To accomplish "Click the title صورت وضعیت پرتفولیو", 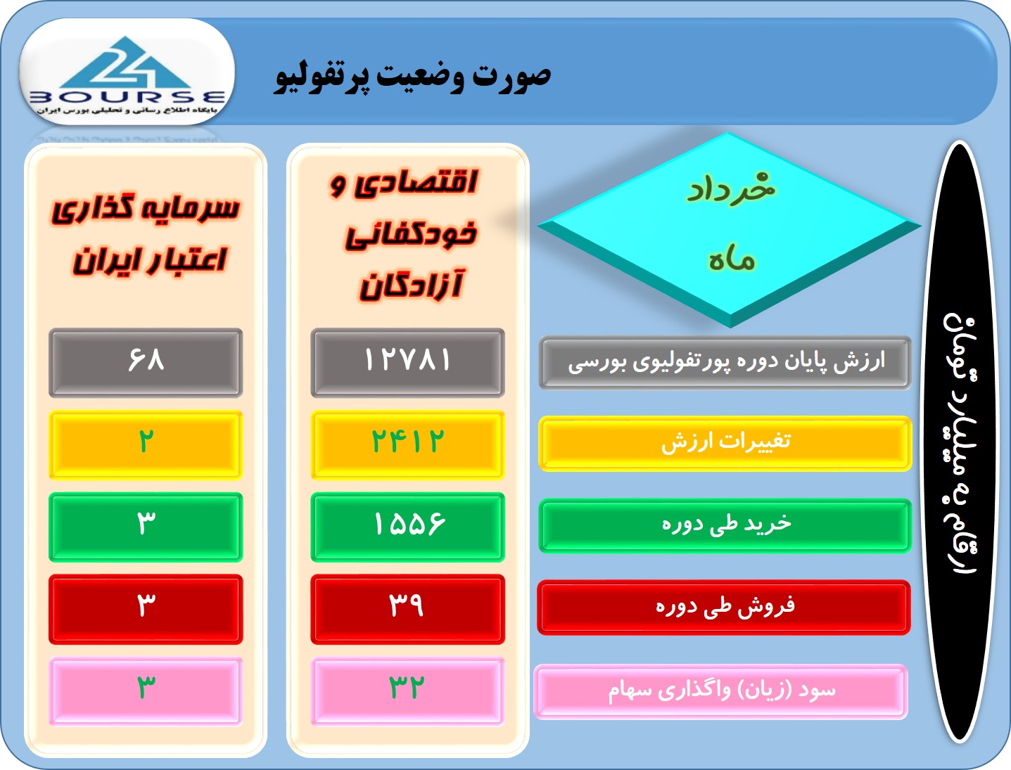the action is (x=413, y=77).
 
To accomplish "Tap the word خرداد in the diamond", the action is (x=730, y=188).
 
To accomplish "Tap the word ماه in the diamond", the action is (x=732, y=260).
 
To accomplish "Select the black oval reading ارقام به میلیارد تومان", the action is (x=960, y=442).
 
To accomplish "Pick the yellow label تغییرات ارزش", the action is (x=725, y=443).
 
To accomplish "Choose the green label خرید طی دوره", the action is (x=725, y=525).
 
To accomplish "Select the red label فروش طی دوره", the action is (x=724, y=608).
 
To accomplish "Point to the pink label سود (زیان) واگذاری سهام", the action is (x=721, y=692).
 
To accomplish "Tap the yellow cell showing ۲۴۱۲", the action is (x=407, y=444).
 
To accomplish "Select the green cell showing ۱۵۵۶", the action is (x=407, y=527).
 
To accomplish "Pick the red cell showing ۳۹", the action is (x=407, y=609).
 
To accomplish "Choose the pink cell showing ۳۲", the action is (x=407, y=691).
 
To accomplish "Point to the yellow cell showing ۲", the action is (x=146, y=444).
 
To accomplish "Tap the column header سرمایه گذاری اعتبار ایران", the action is (x=146, y=235).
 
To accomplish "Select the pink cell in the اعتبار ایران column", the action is (x=146, y=691).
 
